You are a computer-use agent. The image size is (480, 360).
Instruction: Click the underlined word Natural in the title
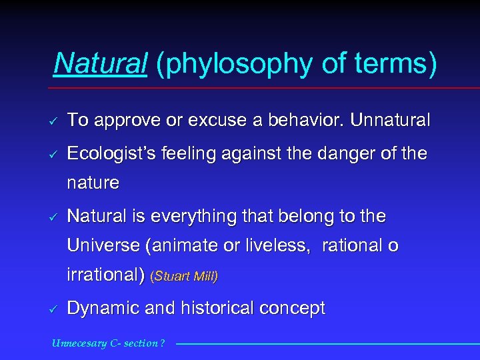pyautogui.click(x=100, y=63)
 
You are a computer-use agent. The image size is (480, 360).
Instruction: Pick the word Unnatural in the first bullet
pyautogui.click(x=390, y=121)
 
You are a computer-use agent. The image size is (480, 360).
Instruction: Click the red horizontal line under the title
pyautogui.click(x=267, y=88)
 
